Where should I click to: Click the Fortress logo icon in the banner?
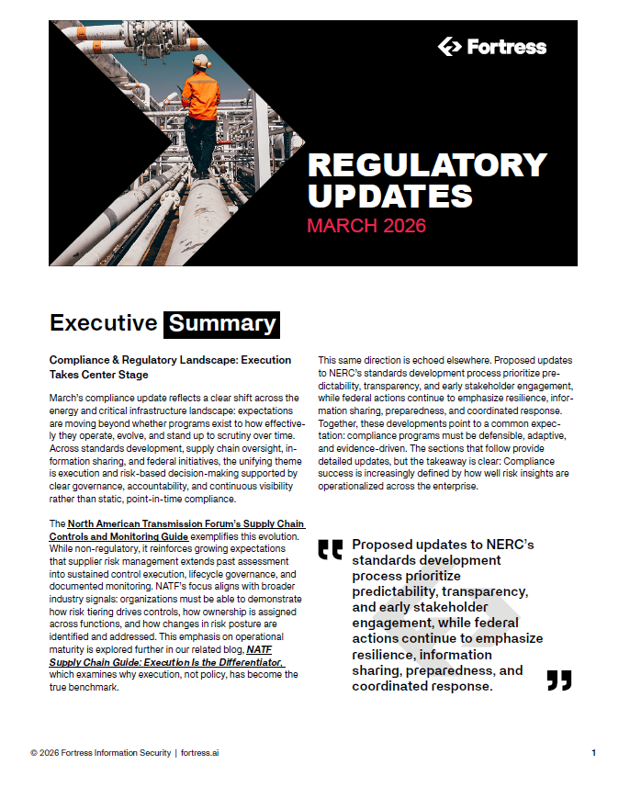(450, 47)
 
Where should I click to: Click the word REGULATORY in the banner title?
(426, 165)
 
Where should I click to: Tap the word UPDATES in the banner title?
(389, 195)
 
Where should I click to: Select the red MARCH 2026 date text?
(366, 225)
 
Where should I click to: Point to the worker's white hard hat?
(201, 62)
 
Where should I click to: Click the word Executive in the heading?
(103, 323)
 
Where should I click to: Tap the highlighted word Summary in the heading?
(221, 323)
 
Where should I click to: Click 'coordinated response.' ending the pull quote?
(431, 686)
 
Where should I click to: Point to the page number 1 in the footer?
(593, 753)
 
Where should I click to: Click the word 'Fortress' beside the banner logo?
(505, 47)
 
